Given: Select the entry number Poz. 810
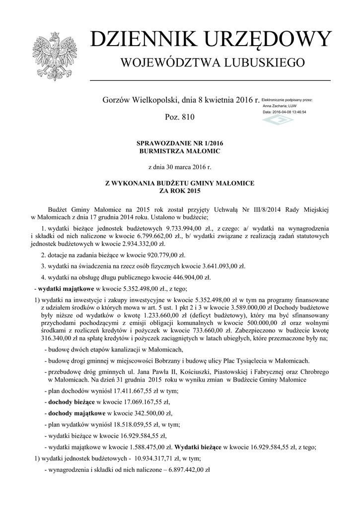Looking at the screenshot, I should tap(179, 118).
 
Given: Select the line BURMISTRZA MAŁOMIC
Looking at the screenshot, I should tap(179, 151).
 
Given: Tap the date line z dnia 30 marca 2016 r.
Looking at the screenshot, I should tap(179, 167).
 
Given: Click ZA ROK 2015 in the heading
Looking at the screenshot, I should tap(179, 191).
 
